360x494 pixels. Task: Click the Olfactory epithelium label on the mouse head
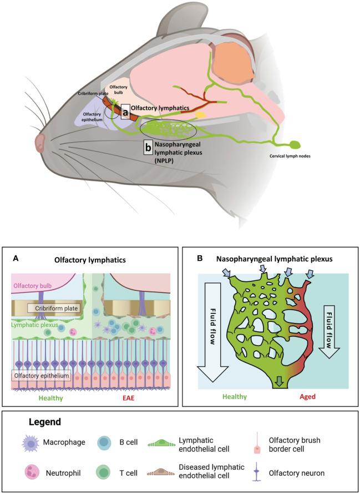coord(92,117)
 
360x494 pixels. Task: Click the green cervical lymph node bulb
coord(294,145)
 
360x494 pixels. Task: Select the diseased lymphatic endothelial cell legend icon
coord(161,472)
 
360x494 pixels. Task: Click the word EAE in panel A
coord(128,398)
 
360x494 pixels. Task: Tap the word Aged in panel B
coord(307,396)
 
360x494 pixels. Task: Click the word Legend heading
coord(45,421)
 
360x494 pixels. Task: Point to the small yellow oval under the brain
coord(201,113)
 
